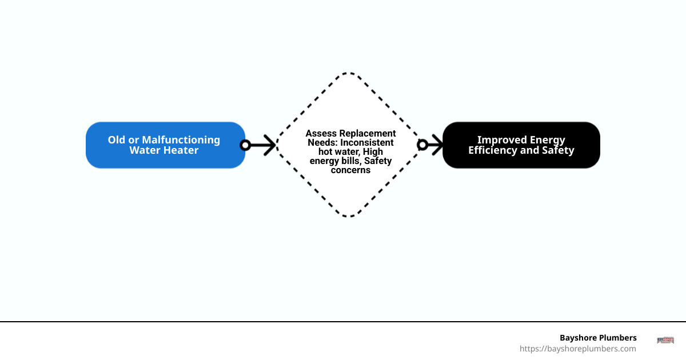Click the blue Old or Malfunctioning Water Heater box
click(165, 145)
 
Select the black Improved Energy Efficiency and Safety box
click(521, 145)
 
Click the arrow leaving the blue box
click(263, 145)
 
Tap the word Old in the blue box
click(117, 140)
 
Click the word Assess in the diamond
click(321, 133)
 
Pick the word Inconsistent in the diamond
click(367, 142)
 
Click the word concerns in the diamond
click(350, 170)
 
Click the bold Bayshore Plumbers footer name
click(598, 338)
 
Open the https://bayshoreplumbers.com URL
click(577, 349)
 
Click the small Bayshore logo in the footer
click(665, 341)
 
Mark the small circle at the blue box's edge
click(245, 145)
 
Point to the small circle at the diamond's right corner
click(422, 145)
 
